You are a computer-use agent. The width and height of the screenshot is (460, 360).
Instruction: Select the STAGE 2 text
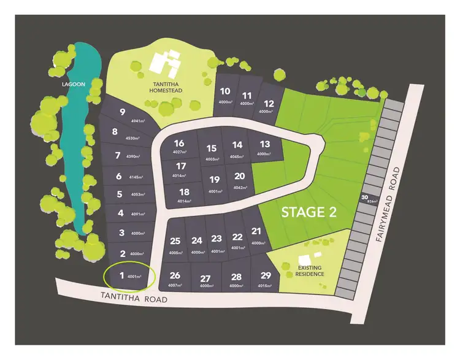(x=311, y=212)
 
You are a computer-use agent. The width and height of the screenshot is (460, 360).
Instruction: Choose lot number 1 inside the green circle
(x=121, y=275)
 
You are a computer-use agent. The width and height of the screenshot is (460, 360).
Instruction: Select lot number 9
(x=123, y=112)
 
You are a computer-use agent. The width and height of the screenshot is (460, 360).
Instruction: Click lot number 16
(x=179, y=144)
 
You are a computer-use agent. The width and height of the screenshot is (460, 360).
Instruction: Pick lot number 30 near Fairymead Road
(x=364, y=197)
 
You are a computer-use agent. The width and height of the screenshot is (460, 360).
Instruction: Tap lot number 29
(x=266, y=275)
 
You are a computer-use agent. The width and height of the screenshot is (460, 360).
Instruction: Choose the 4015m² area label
(x=265, y=286)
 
